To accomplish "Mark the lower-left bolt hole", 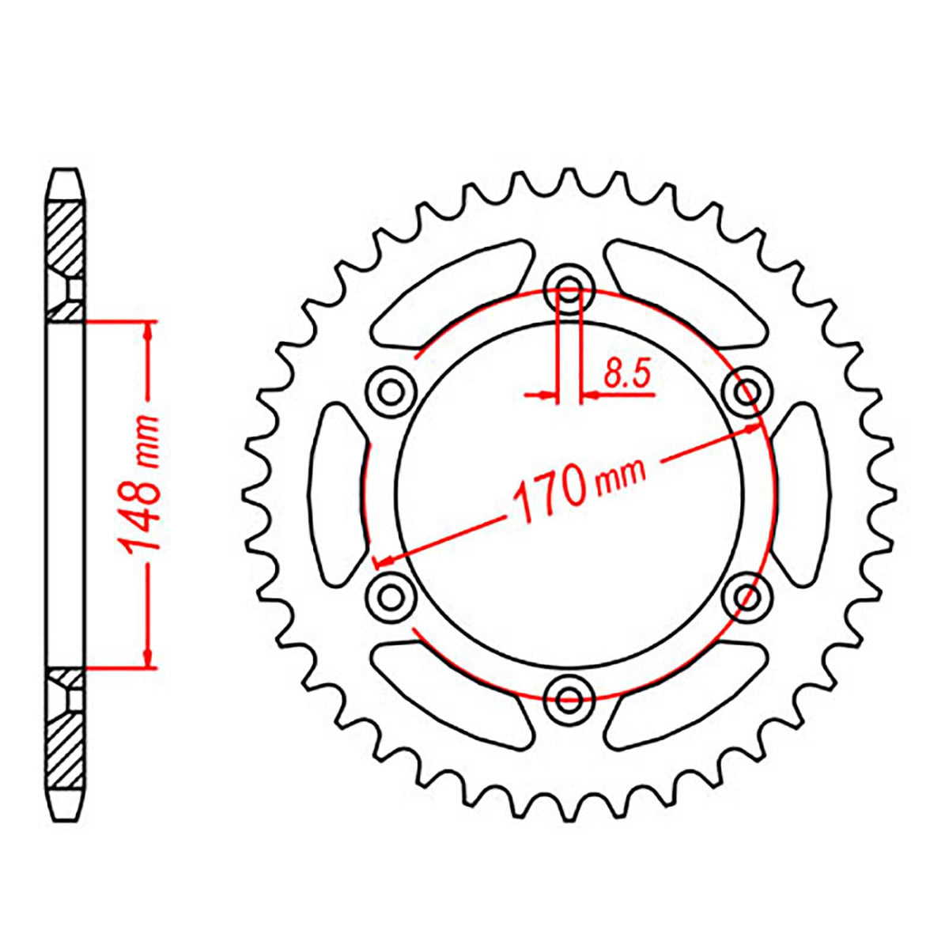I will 391,595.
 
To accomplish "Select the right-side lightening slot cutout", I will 800,492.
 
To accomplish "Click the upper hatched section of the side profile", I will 65,237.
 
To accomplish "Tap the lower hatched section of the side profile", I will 65,743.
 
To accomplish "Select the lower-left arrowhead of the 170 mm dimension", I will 383,561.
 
